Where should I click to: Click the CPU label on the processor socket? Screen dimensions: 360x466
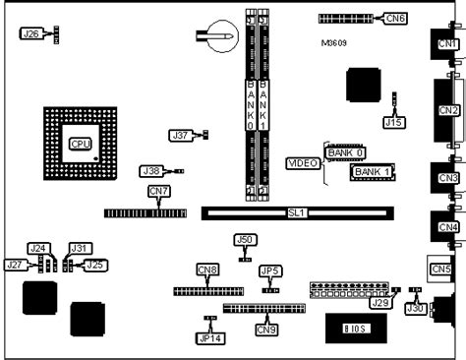(x=81, y=144)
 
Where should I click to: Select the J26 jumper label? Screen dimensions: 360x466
(x=30, y=33)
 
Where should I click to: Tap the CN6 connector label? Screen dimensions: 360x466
(x=396, y=18)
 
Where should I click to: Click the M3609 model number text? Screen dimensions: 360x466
(x=334, y=44)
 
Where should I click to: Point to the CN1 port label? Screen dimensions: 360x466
(x=448, y=44)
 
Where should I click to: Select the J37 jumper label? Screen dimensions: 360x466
(x=180, y=135)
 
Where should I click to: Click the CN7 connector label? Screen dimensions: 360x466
(x=158, y=191)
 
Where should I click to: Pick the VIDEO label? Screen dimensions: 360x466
(x=300, y=162)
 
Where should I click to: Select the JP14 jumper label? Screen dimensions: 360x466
(x=209, y=337)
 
